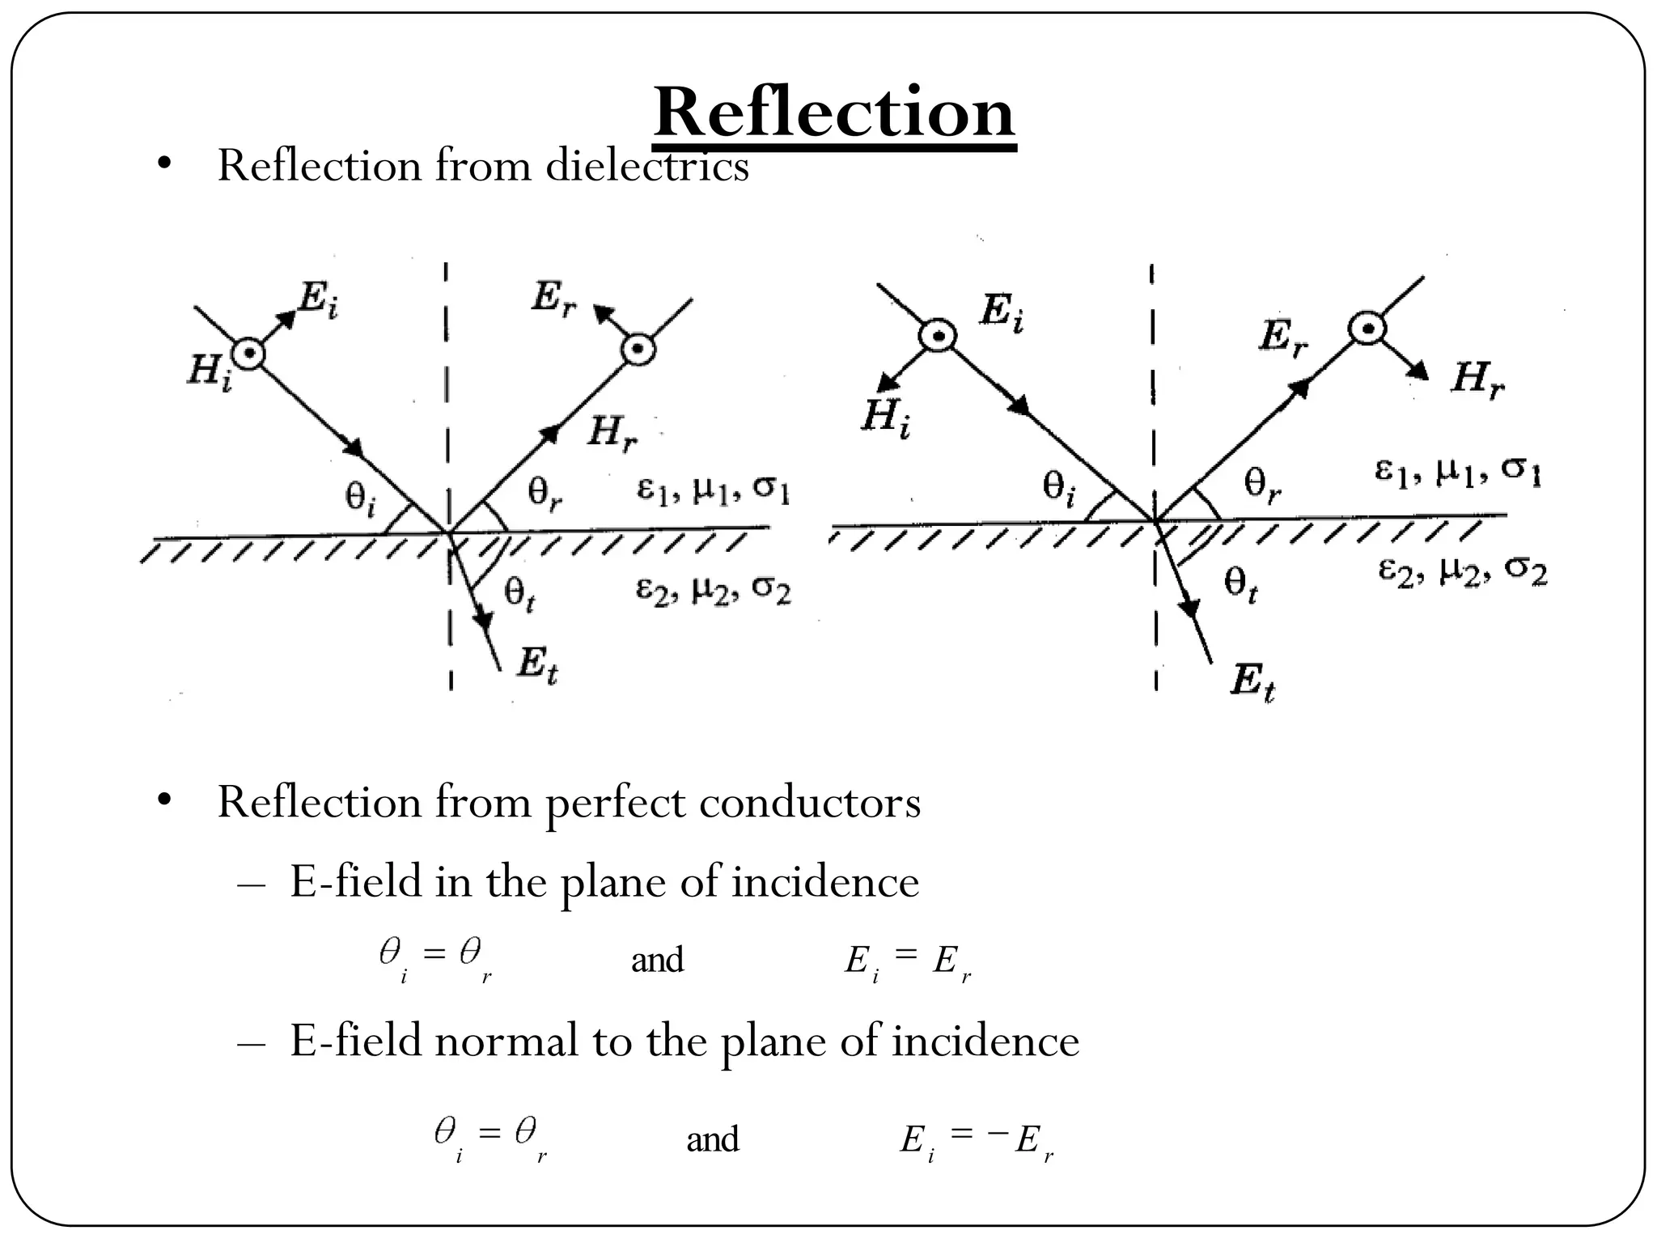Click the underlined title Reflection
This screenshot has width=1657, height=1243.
pos(834,113)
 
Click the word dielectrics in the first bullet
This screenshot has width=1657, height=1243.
pos(647,167)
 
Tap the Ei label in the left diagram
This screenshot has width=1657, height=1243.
pos(318,299)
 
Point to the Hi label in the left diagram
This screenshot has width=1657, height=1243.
pos(209,373)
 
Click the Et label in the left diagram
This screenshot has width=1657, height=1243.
pos(537,666)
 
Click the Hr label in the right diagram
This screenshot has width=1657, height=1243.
pos(1477,378)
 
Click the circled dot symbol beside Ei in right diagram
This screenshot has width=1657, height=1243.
pos(937,335)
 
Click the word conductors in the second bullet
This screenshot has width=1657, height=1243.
pos(809,804)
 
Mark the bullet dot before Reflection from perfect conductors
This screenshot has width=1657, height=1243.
pos(164,800)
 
